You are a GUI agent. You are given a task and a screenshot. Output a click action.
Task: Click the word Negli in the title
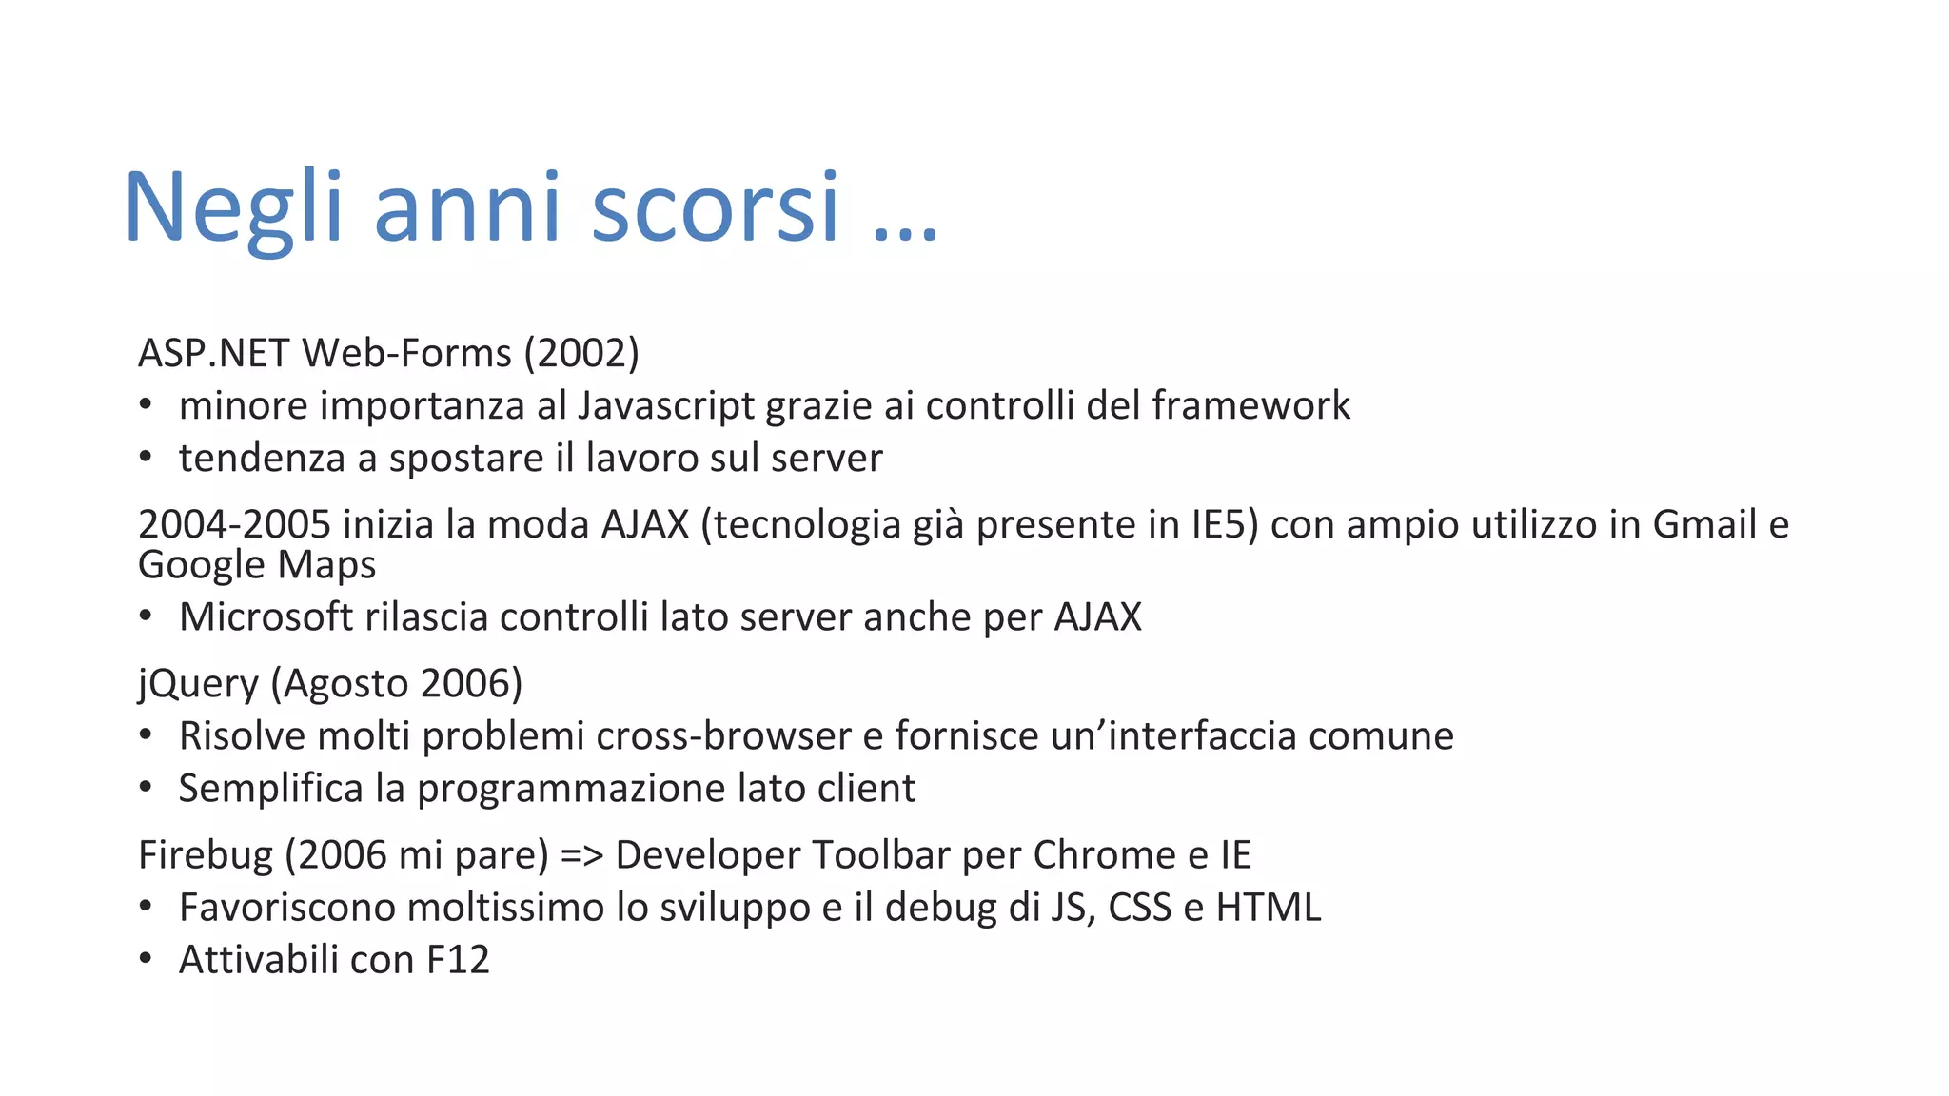click(x=232, y=207)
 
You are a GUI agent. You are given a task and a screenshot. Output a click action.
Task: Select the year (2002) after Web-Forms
click(x=581, y=353)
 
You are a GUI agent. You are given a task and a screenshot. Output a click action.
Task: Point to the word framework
click(x=1250, y=405)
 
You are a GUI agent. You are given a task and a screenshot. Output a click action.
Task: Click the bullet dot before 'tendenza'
click(x=146, y=458)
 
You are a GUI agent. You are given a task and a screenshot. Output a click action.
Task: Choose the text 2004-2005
click(x=234, y=524)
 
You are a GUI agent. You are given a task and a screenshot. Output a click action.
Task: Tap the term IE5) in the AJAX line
click(x=1225, y=524)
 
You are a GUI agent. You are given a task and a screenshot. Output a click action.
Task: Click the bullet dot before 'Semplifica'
click(x=146, y=788)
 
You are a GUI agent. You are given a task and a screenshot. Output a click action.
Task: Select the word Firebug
click(x=206, y=855)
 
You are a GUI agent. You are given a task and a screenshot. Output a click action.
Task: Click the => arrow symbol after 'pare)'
click(x=581, y=855)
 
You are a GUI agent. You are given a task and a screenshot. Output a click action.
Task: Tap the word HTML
click(x=1269, y=908)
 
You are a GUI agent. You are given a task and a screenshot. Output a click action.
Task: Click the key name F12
click(x=458, y=960)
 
